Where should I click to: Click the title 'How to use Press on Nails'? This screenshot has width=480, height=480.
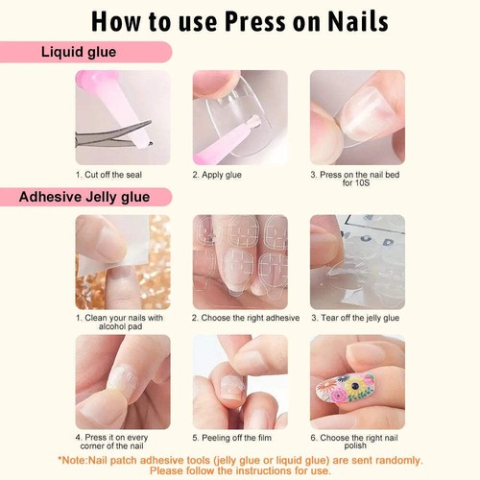click(x=240, y=21)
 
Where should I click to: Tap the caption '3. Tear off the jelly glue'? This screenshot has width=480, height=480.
click(x=355, y=317)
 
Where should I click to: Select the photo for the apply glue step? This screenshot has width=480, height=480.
click(x=239, y=117)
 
